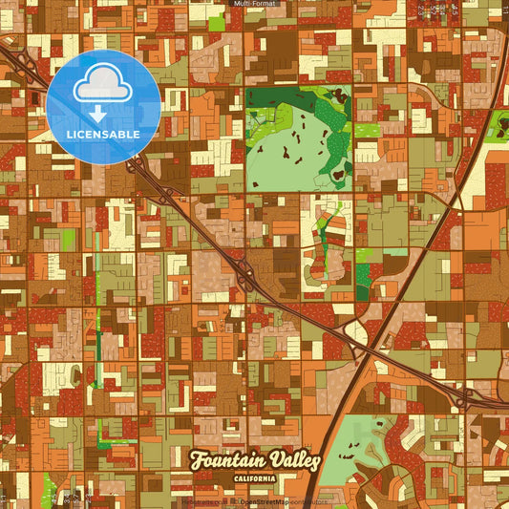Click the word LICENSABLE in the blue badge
pos(103,135)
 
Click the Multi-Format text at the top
pos(253,5)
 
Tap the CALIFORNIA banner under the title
pos(254,479)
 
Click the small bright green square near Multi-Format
pos(217,22)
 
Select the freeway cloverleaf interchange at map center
pos(244,277)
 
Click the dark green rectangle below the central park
pos(362,282)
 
